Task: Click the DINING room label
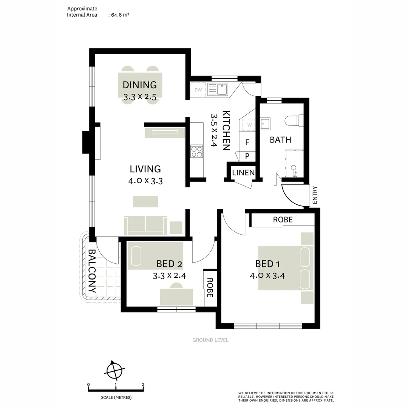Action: pos(139,85)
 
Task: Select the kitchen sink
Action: pos(218,90)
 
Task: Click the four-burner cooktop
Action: pos(196,151)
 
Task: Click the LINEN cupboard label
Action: pos(243,173)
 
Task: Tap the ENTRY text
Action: pos(315,195)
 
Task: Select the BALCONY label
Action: pos(91,271)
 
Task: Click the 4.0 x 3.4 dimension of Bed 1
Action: pos(267,275)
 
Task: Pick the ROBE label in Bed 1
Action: pos(283,219)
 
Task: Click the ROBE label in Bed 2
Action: pos(210,288)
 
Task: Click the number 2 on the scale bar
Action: pos(143,385)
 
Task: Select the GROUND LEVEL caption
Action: pos(210,340)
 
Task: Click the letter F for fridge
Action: pos(247,142)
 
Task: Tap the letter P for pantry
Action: pos(247,156)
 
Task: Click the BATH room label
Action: pos(280,140)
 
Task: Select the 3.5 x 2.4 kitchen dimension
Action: pos(214,130)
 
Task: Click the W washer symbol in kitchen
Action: pos(249,125)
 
